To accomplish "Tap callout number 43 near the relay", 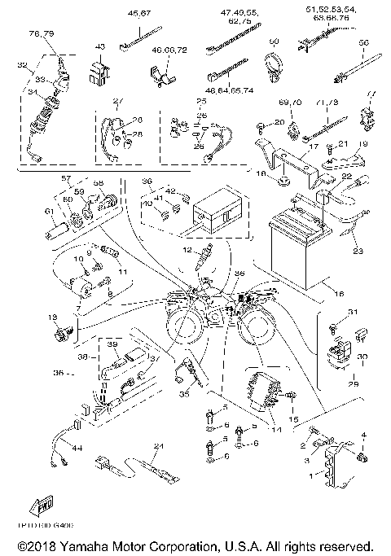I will coord(101,48).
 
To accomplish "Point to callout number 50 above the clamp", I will coord(274,41).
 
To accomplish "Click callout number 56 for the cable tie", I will coord(363,42).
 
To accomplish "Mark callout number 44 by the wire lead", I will coord(78,449).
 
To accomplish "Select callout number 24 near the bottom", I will coord(159,446).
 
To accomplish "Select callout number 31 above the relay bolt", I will coord(353,312).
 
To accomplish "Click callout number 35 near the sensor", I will coord(183,394).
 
